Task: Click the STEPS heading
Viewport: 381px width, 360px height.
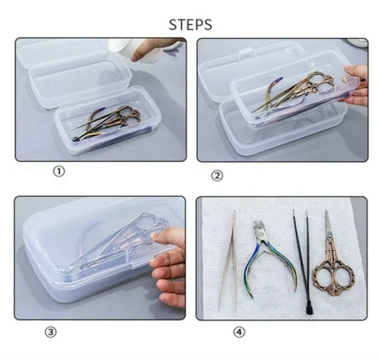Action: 190,24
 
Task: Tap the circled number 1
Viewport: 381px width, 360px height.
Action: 59,172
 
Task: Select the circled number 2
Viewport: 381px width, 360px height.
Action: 217,176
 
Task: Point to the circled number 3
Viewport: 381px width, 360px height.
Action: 51,332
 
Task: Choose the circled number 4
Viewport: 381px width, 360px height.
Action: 239,332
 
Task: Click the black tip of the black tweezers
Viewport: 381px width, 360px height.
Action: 309,311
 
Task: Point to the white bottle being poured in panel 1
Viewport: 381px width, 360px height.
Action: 121,49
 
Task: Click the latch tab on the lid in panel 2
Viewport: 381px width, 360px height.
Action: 245,55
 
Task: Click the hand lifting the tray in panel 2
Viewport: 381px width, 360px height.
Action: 356,85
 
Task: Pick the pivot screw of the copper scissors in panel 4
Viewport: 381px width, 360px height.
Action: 329,235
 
